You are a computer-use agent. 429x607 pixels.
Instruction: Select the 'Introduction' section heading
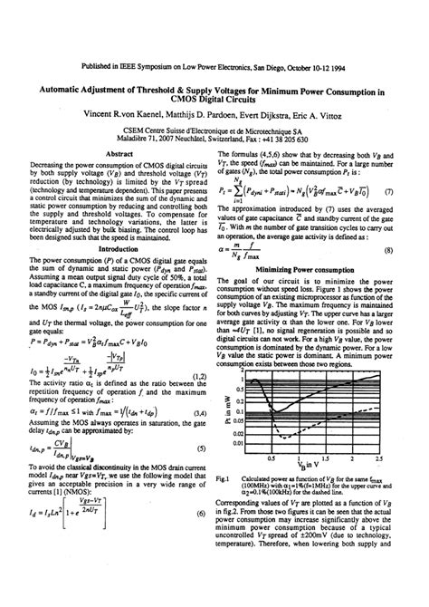click(x=120, y=246)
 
